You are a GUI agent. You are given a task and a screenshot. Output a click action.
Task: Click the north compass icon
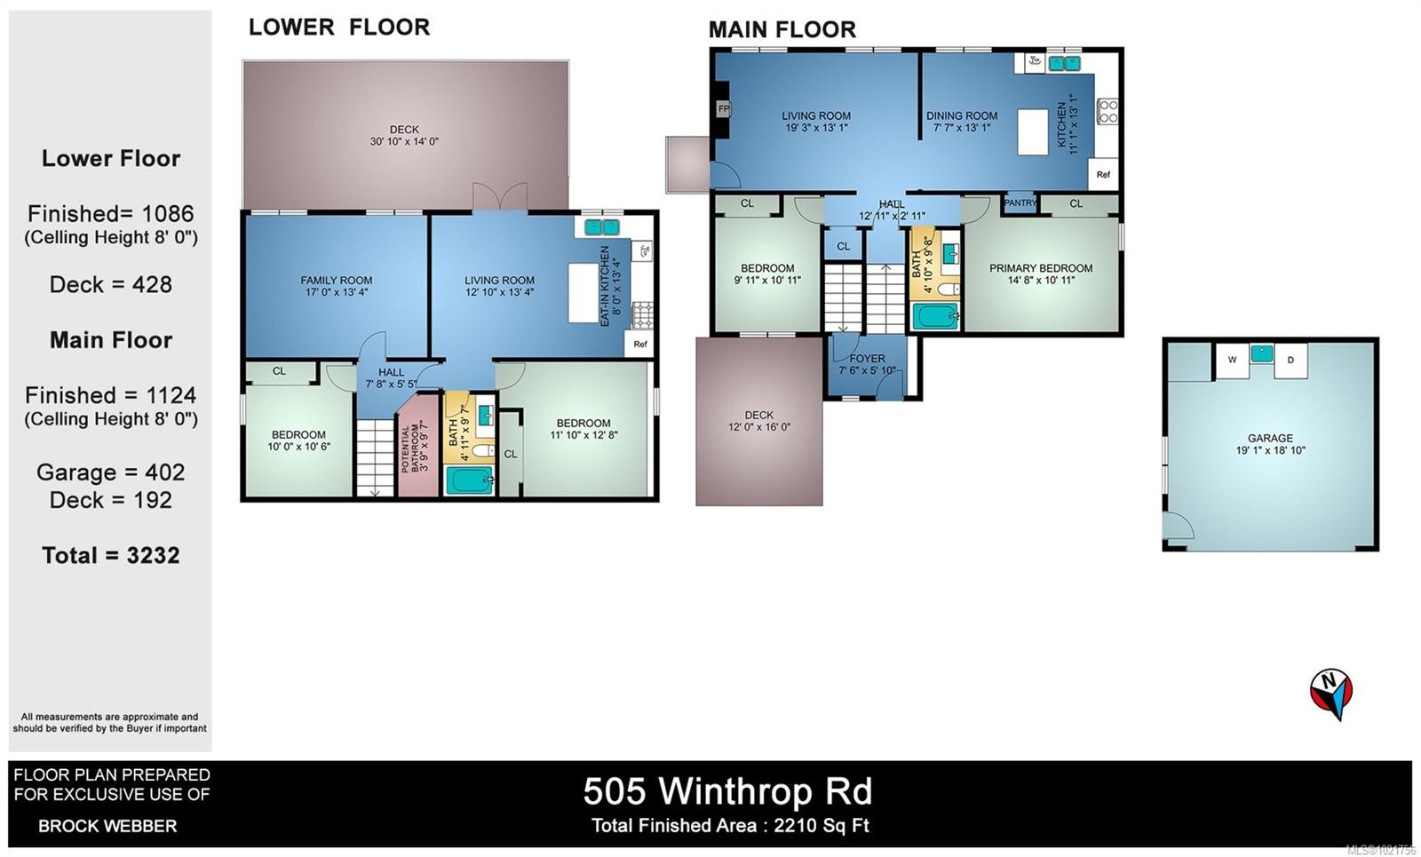[x=1330, y=693]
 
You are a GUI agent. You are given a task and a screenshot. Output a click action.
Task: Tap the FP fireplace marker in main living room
[x=723, y=109]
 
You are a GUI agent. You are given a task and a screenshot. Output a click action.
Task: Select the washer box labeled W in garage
[x=1232, y=361]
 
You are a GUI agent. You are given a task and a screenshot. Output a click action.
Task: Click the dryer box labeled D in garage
[x=1290, y=361]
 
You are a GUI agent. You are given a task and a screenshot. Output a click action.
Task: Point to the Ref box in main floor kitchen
[x=1103, y=175]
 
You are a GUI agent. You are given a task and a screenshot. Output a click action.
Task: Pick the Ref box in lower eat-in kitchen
[x=640, y=344]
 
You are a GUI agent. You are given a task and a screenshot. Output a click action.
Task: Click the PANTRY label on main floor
[x=1020, y=203]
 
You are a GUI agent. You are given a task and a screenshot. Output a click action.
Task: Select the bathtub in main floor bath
[x=935, y=315]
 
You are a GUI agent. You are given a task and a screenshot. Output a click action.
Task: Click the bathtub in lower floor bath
[x=468, y=480]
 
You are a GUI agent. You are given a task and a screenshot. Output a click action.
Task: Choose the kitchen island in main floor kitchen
[x=1033, y=132]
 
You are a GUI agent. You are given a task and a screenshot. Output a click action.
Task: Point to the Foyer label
[x=867, y=359]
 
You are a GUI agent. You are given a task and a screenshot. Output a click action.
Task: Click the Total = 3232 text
[x=111, y=556]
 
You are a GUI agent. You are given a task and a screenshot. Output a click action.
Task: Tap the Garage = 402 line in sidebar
[x=111, y=472]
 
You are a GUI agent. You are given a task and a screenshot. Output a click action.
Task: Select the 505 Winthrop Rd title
[x=727, y=790]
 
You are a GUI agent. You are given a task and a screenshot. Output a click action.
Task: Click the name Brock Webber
[x=107, y=826]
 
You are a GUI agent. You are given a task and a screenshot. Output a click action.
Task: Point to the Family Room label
[x=336, y=281]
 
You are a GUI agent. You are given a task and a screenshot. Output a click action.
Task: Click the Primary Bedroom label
[x=1041, y=268]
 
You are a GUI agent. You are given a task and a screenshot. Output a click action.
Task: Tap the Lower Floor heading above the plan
[x=339, y=28]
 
